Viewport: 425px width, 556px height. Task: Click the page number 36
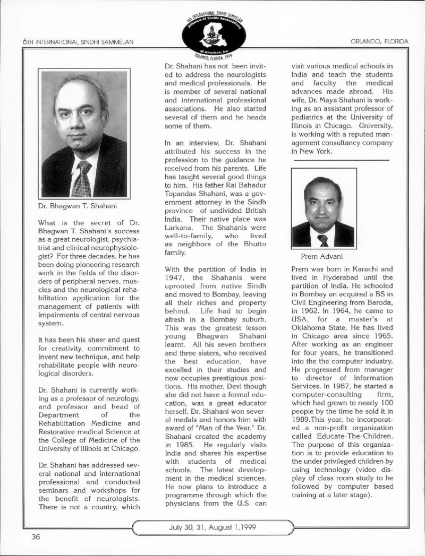coord(36,536)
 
